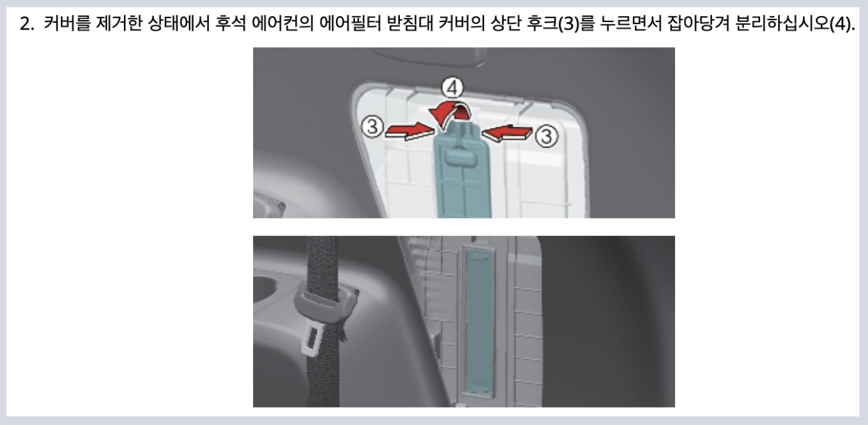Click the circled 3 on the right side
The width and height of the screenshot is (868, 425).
(x=546, y=136)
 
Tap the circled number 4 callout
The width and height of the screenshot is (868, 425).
(x=454, y=88)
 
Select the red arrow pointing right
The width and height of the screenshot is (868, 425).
(x=407, y=129)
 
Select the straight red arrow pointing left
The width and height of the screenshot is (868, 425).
(x=507, y=133)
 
